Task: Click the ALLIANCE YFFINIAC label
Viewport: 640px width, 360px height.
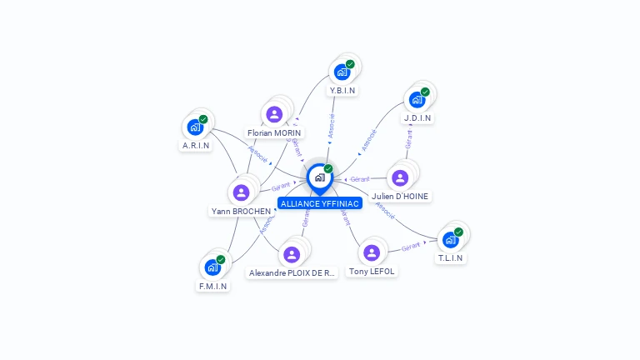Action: (320, 203)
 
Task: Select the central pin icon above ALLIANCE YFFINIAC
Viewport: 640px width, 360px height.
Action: (319, 177)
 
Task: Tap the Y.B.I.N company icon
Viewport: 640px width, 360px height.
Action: (342, 72)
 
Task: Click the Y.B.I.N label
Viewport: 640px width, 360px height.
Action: (342, 90)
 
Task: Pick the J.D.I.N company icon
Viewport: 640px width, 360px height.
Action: (417, 100)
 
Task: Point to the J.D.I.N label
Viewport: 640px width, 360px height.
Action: (417, 118)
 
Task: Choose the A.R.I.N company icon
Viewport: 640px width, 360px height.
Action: (195, 127)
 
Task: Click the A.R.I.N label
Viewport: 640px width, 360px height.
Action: (196, 145)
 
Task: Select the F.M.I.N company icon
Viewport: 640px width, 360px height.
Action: (212, 267)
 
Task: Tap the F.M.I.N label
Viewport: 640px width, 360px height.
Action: (212, 286)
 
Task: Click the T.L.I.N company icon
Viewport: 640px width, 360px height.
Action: (450, 240)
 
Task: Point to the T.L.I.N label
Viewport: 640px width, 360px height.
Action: (451, 257)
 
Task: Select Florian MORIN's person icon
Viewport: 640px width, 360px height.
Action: (274, 115)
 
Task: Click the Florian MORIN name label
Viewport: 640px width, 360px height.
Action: (275, 132)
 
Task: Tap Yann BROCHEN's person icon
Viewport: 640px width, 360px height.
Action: (242, 192)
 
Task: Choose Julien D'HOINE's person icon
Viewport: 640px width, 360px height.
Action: (400, 177)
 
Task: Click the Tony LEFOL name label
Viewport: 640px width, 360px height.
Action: (372, 271)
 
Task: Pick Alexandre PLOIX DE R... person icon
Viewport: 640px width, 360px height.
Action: (292, 254)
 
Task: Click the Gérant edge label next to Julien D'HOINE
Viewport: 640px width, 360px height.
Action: (360, 179)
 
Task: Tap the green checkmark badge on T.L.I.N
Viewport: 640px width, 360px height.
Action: (458, 232)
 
